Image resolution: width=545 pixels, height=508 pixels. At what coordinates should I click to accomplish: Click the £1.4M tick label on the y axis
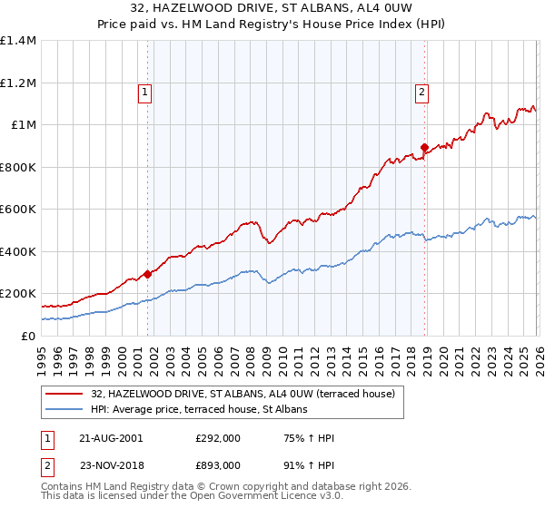(x=18, y=41)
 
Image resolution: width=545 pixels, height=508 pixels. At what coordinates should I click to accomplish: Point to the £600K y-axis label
(x=18, y=209)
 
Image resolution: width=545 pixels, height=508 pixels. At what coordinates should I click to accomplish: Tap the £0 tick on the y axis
(x=27, y=336)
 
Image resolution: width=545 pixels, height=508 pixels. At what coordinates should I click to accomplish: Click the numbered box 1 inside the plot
(x=146, y=91)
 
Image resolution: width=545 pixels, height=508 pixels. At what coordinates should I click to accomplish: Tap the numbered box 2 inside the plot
(x=423, y=91)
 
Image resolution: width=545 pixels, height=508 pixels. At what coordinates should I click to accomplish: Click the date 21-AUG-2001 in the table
(x=111, y=438)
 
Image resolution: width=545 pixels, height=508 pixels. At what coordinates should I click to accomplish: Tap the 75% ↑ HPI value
(x=310, y=438)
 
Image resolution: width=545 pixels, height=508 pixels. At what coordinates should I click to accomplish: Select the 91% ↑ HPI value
(x=310, y=464)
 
